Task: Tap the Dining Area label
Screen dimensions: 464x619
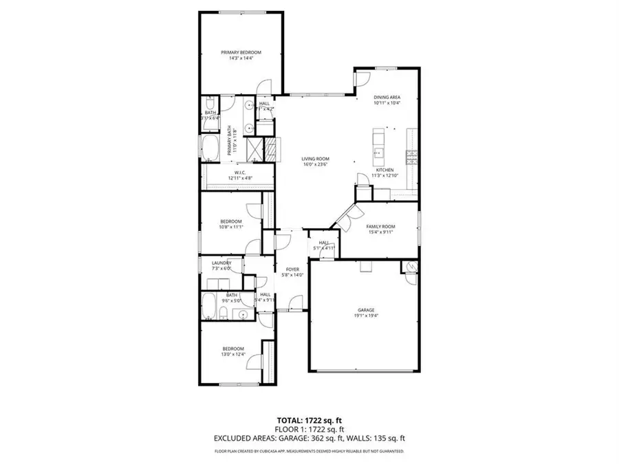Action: coord(387,98)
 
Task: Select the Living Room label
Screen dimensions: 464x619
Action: coord(316,159)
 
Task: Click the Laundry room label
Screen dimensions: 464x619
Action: coord(221,263)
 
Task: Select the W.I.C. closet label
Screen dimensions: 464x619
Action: coord(240,173)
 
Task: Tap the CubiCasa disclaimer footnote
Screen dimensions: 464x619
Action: coord(309,452)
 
